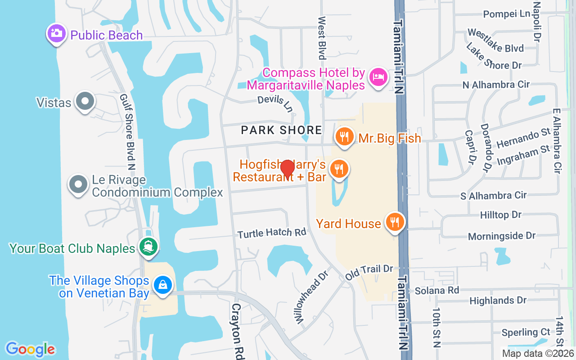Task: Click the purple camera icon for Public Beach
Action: pos(56,34)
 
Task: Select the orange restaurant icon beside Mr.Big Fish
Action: pos(344,135)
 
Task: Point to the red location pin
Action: pos(287,169)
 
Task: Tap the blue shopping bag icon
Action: pos(162,285)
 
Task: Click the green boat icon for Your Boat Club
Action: pos(148,247)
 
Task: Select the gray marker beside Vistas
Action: pos(85,101)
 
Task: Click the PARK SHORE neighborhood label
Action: pos(281,130)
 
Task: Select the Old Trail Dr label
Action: pos(369,272)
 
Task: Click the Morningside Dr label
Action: pos(502,236)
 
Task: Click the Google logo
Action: pos(30,349)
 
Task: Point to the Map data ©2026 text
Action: pos(538,353)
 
